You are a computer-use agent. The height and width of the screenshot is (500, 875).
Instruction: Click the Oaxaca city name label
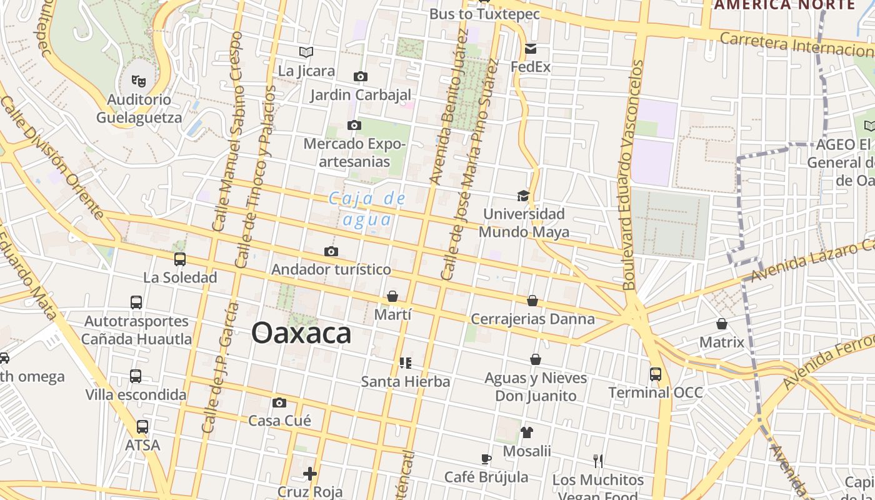coord(301,333)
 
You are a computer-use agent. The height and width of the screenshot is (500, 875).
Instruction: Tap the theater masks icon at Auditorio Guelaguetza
coord(138,80)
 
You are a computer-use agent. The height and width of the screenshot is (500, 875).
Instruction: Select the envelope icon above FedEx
coord(531,49)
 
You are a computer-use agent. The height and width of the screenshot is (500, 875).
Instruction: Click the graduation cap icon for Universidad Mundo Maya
coord(523,196)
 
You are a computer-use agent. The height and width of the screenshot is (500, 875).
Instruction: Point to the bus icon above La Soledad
coord(180,259)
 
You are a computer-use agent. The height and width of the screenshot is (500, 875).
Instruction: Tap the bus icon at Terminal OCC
coord(656,374)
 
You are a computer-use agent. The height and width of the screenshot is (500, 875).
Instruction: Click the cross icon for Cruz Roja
coord(310,474)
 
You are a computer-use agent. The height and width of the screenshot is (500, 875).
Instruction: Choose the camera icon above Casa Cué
coord(279,402)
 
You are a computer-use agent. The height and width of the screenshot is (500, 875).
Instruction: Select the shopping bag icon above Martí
coord(392,296)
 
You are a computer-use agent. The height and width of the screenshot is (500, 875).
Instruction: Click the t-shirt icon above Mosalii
coord(527,432)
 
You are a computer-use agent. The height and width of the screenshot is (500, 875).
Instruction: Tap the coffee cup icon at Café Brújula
coord(486,459)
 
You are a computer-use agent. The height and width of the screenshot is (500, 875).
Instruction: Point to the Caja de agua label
coord(367,209)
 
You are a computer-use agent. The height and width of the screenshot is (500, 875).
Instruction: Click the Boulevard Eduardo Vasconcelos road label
coord(632,175)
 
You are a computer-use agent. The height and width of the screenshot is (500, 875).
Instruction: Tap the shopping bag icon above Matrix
coord(722,324)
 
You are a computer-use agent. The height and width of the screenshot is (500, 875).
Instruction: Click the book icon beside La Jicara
coord(306,52)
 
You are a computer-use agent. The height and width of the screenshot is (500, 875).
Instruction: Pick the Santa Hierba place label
coord(406,381)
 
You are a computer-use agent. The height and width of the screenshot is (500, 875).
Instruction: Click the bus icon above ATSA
coord(142,427)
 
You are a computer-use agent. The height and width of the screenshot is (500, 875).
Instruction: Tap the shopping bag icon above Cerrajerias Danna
coord(532,301)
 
